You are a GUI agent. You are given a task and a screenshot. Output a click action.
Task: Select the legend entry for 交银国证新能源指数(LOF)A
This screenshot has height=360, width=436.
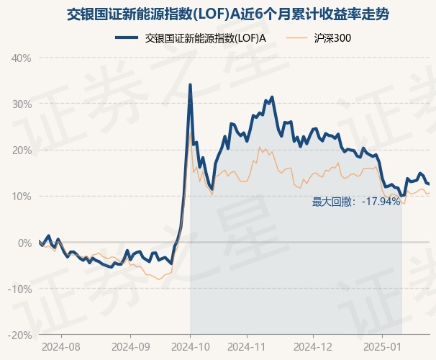point(206,38)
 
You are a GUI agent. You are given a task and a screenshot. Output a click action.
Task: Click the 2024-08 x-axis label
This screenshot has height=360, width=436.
point(61,346)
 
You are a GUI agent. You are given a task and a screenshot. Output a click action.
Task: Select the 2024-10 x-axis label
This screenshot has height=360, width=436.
point(190,346)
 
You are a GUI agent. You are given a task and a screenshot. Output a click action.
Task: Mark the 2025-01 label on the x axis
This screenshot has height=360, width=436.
point(381,346)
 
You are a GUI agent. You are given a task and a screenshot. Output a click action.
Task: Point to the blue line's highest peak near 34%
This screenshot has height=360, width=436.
point(190,85)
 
